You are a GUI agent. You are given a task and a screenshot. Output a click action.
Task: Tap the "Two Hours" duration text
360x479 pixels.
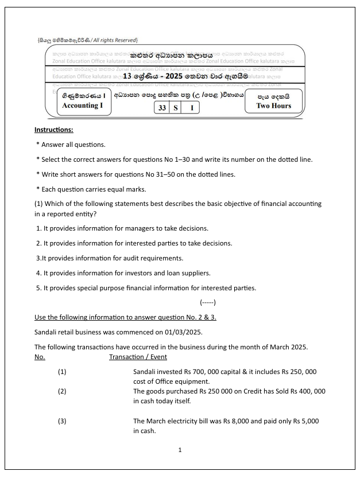(x=273, y=106)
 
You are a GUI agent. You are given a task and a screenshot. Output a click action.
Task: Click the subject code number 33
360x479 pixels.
(x=162, y=107)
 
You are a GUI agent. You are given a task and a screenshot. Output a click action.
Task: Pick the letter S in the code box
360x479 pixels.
(x=175, y=107)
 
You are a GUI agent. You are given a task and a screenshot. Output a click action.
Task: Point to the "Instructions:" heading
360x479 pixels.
(x=54, y=130)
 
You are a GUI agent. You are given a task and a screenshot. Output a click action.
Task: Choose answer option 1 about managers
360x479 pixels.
(x=122, y=228)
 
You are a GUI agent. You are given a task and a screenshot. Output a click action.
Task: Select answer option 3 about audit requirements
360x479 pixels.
(x=110, y=258)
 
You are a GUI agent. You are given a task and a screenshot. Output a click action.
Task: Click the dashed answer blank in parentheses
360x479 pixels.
(x=208, y=302)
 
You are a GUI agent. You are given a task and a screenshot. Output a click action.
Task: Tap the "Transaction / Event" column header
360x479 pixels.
(x=138, y=357)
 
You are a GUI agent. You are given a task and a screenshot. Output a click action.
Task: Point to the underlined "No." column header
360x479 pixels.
(x=40, y=357)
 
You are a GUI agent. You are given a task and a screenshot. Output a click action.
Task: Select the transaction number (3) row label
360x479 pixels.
(x=62, y=421)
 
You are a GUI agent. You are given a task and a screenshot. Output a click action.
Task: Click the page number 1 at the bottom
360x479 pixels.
(x=180, y=450)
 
